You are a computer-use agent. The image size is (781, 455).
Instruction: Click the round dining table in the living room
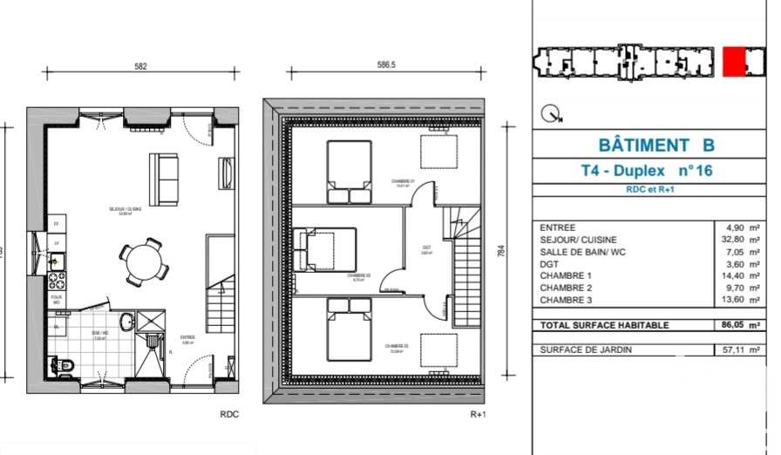(139, 261)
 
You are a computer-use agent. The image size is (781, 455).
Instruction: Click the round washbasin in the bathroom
(127, 321)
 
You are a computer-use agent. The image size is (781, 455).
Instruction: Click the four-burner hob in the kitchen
(56, 281)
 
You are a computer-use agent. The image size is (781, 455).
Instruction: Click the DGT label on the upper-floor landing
(427, 248)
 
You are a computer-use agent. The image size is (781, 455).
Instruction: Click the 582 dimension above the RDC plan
(140, 66)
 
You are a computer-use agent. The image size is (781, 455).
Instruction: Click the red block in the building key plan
(733, 62)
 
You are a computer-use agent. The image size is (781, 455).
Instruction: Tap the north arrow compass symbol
(550, 113)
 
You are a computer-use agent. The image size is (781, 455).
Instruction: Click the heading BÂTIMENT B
(656, 145)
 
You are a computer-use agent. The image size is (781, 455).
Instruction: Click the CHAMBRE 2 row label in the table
(566, 288)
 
